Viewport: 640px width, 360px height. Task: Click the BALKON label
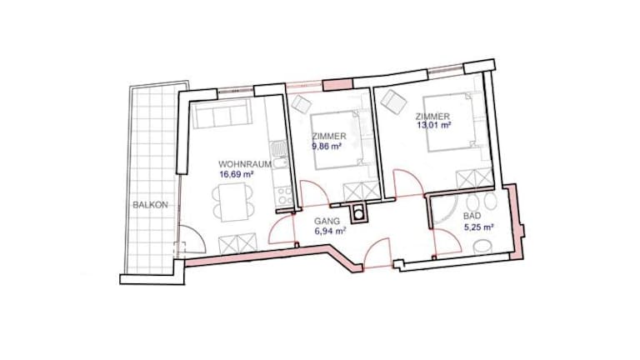(x=150, y=205)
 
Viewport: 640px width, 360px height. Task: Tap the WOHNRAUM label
(x=245, y=164)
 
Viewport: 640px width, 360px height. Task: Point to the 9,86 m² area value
(x=327, y=146)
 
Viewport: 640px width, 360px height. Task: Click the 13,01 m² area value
(x=434, y=125)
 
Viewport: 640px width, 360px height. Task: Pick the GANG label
(x=327, y=221)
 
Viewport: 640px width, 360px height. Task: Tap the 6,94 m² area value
(x=330, y=231)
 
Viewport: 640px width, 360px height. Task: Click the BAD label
(x=472, y=216)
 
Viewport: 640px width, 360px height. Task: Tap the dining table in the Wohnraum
(x=232, y=202)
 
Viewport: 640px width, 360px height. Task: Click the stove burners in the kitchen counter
(x=282, y=195)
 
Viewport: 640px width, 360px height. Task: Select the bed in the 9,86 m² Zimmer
(x=337, y=140)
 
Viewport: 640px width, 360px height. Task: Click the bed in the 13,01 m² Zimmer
(x=450, y=122)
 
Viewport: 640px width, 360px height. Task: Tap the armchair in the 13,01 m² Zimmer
(x=392, y=101)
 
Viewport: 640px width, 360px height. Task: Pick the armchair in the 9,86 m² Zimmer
(x=302, y=104)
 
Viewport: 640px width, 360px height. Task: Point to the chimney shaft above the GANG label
(x=359, y=214)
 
